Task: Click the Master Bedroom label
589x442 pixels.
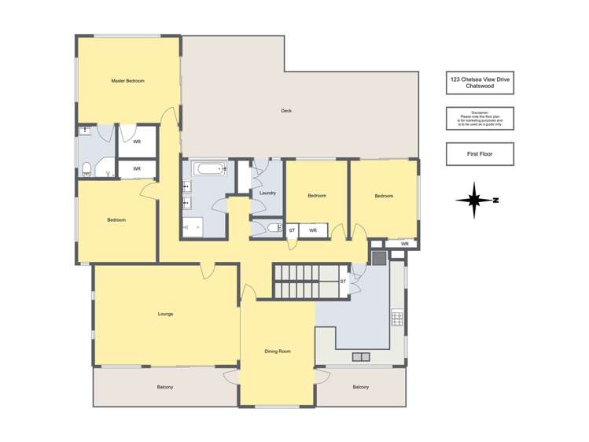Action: [x=127, y=80]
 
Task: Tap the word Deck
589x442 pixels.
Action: [x=286, y=111]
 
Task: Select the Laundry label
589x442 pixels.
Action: [x=267, y=193]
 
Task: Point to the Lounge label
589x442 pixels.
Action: [x=165, y=314]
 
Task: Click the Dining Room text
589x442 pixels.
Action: [x=277, y=352]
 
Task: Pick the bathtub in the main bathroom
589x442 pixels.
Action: [x=210, y=168]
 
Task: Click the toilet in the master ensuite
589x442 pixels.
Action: [x=87, y=167]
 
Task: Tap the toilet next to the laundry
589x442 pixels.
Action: [x=272, y=229]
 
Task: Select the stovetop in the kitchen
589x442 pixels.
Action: [x=397, y=318]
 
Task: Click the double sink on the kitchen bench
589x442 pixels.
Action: [x=360, y=357]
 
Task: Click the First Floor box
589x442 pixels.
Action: [x=479, y=154]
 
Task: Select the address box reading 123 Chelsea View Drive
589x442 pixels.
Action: [x=479, y=83]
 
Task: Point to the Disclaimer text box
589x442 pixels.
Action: [x=479, y=119]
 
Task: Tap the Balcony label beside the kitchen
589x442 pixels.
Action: [x=360, y=387]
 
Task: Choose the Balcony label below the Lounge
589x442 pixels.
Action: [x=165, y=387]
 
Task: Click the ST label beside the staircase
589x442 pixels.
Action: [x=343, y=281]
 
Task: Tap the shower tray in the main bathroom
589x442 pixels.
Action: [x=193, y=227]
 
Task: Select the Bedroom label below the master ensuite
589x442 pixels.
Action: [x=116, y=220]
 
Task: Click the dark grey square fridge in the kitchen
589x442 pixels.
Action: [x=378, y=256]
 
